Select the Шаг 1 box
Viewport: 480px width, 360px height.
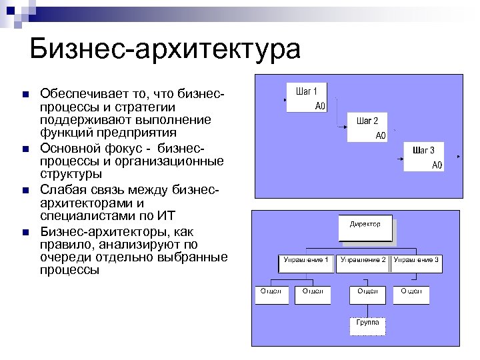click(x=307, y=98)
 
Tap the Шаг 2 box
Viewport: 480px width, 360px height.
click(x=367, y=127)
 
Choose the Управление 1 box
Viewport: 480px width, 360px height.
click(x=305, y=263)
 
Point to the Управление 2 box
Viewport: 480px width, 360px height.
click(x=363, y=263)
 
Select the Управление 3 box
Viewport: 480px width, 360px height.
click(x=417, y=263)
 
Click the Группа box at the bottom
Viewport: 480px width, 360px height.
click(x=367, y=326)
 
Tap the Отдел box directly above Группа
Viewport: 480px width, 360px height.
click(x=367, y=295)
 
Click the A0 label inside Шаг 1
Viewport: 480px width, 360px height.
click(x=319, y=105)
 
